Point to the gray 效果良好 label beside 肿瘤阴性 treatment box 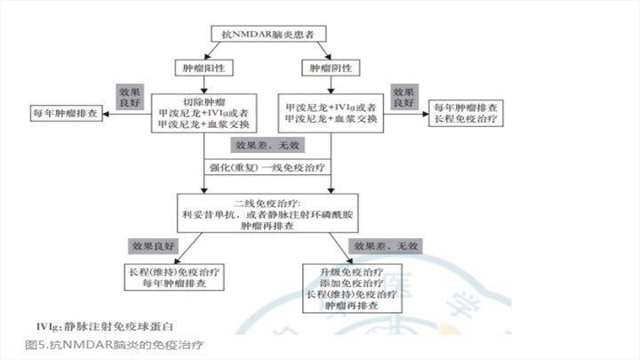[x=404, y=96]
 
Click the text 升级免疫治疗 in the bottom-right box [x=355, y=270]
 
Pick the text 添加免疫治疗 [x=355, y=282]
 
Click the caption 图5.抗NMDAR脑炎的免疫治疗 [x=116, y=343]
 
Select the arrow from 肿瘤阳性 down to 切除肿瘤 [x=205, y=83]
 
